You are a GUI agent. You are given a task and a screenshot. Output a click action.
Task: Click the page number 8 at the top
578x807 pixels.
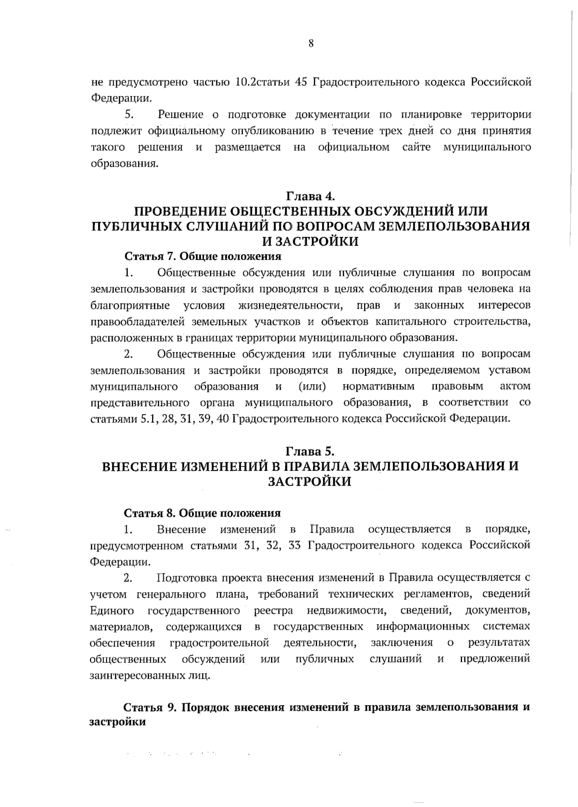click(x=311, y=44)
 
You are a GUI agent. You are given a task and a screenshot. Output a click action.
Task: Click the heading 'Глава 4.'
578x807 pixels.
click(x=311, y=196)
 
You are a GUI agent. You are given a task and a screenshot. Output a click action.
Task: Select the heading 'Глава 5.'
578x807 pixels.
click(x=311, y=451)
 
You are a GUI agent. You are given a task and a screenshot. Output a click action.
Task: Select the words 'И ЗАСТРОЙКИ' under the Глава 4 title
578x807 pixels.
click(x=311, y=241)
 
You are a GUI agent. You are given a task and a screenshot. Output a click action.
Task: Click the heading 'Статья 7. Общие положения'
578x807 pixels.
click(x=202, y=256)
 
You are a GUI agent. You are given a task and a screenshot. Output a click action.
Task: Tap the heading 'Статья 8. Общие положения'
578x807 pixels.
click(x=202, y=513)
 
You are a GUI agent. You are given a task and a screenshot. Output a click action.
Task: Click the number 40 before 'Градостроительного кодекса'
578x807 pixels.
click(x=223, y=418)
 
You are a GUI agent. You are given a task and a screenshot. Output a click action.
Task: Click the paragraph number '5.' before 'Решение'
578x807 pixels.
click(x=129, y=115)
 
